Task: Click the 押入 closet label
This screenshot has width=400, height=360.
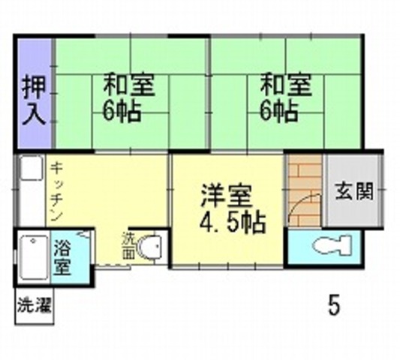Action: (34, 100)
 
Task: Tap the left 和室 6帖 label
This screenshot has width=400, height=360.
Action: (128, 97)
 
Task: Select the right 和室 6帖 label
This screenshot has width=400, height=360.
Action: (286, 97)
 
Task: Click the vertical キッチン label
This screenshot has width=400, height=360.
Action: (56, 192)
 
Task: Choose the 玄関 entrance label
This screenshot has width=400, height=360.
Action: (354, 191)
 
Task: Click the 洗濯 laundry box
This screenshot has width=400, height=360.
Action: (35, 306)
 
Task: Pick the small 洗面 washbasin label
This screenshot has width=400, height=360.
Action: (128, 245)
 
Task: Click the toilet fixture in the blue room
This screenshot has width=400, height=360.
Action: (332, 244)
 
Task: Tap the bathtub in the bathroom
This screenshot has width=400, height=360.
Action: (34, 257)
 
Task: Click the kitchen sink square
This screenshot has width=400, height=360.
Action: (32, 168)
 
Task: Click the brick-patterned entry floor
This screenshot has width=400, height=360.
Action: (305, 190)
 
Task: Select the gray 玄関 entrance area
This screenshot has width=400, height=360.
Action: (353, 190)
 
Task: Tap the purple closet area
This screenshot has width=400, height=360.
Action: (35, 93)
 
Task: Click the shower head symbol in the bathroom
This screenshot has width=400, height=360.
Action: (83, 234)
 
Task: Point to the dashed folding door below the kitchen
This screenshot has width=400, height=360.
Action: (113, 266)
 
